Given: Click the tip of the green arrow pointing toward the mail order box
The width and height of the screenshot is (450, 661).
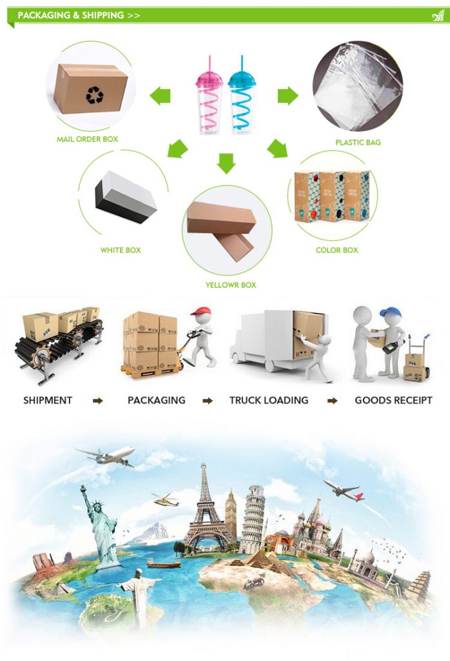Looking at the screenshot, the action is [150, 96].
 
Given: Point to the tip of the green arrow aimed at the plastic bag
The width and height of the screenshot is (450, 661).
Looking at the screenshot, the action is [298, 96].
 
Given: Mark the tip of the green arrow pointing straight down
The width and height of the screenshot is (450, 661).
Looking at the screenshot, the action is [226, 174].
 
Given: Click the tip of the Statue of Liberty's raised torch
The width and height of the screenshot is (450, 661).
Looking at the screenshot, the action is [83, 485].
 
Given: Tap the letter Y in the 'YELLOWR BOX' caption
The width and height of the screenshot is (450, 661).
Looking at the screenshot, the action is [208, 285].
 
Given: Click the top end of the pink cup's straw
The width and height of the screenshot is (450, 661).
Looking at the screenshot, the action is [210, 56].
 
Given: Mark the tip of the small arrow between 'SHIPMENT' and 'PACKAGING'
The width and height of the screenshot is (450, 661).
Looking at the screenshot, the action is [103, 400].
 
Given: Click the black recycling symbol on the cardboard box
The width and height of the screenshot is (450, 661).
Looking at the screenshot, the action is [94, 95].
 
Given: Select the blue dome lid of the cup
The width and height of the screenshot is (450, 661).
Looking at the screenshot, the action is [242, 79].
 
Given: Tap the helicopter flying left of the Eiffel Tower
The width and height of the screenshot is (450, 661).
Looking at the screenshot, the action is [165, 500].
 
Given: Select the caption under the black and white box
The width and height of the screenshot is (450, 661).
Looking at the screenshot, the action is [121, 250].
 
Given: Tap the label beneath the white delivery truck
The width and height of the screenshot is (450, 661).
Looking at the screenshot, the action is [269, 400].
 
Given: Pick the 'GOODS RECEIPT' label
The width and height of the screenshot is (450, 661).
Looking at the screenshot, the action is [393, 400].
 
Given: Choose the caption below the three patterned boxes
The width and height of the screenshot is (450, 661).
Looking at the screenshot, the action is [337, 250].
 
